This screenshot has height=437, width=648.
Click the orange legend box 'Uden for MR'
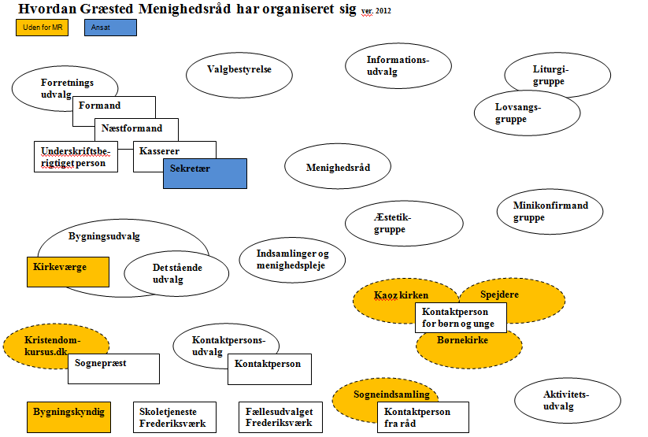point(41,28)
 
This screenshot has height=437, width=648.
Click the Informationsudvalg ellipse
point(398,67)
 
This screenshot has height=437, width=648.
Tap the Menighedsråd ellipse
point(339,168)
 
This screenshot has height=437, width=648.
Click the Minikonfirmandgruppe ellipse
point(550,211)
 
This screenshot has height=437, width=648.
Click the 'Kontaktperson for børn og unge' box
point(461,318)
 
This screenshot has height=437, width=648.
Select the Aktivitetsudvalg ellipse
point(561,400)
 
